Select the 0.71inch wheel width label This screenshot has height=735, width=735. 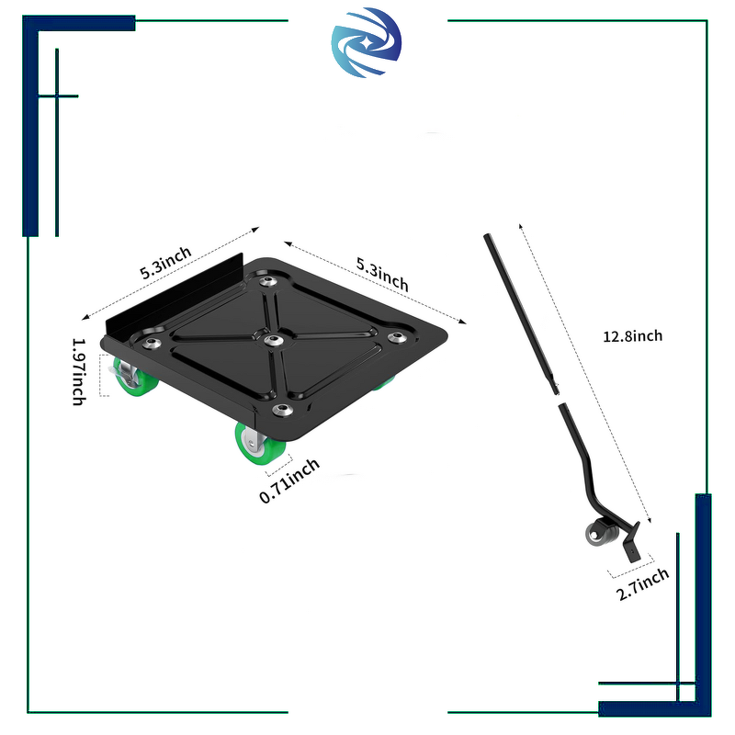pos(289,479)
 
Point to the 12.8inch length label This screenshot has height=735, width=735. pos(632,336)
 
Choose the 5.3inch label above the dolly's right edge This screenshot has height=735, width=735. pos(382,273)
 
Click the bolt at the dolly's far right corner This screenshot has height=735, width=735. pos(398,338)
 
